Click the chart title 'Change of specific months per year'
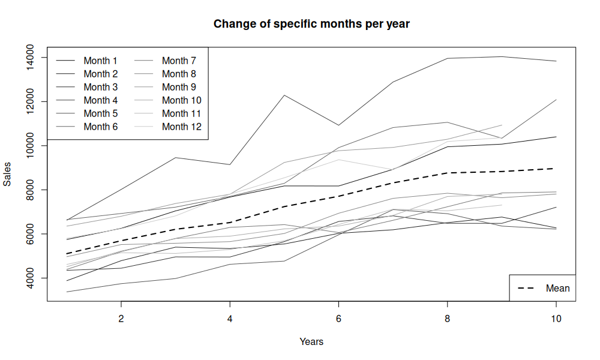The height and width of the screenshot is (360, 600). [311, 24]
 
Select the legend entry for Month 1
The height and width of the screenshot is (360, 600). [86, 61]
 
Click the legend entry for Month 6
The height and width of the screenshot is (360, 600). [86, 127]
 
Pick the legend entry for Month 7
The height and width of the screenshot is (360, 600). [165, 61]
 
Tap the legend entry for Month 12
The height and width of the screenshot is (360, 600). [167, 127]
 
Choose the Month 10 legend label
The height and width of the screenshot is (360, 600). [181, 100]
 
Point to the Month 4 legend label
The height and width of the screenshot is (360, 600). [101, 100]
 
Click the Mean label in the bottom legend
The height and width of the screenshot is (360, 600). [557, 288]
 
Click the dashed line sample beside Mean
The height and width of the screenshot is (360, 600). [526, 288]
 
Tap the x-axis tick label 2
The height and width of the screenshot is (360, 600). [121, 319]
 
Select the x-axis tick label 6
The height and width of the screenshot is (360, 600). [338, 319]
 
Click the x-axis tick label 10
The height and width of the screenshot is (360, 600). [556, 319]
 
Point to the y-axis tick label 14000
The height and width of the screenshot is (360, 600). [29, 58]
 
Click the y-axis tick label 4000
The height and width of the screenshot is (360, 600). [29, 278]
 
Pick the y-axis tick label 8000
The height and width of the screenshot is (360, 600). [29, 190]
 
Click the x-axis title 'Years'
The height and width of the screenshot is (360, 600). [311, 341]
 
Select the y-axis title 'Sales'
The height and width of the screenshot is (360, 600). [7, 174]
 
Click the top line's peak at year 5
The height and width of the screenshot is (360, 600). [284, 95]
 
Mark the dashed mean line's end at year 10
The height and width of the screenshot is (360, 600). [556, 169]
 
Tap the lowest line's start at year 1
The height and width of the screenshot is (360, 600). [67, 292]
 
